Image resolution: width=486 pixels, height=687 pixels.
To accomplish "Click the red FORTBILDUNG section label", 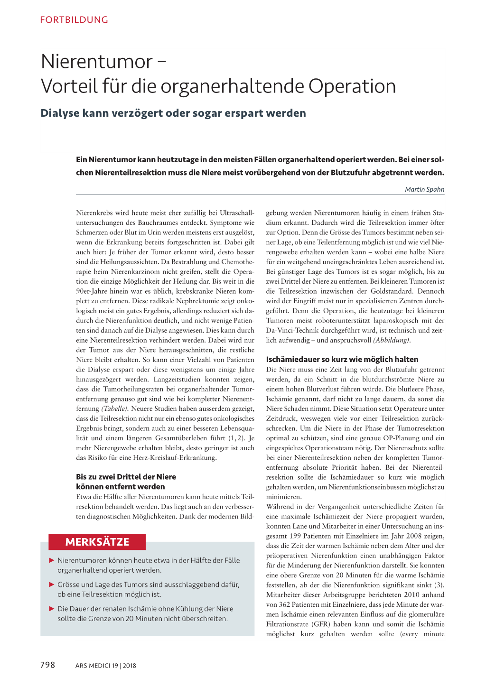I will pos(74,20).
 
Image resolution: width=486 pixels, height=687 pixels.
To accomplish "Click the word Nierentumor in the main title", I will pos(97,62).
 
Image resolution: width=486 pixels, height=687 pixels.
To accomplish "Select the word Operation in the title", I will pos(352,86).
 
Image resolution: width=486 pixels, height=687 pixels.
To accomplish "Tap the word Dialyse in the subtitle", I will pos(59,113).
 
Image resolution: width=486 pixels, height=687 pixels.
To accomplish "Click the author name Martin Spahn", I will pos(424,189).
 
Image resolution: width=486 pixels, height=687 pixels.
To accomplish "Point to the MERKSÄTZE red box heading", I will pos(97,542).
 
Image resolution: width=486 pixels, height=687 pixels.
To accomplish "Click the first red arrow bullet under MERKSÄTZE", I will pos(52,560).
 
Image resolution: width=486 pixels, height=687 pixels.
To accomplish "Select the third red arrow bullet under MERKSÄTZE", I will pos(52,609).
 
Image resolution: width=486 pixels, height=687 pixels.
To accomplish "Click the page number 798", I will pos(47,665).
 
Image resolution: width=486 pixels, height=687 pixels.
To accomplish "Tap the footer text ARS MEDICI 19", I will pos(96,666).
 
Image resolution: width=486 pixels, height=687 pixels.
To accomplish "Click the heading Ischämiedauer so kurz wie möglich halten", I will pos(342,359).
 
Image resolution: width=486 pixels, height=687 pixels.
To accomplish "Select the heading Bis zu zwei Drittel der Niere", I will pos(126,477).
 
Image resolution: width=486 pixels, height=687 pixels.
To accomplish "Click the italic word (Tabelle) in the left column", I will pos(114,408).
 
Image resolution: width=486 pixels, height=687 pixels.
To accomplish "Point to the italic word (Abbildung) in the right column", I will pos(391,340).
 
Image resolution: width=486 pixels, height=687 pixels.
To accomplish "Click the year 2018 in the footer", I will pos(130,666).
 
